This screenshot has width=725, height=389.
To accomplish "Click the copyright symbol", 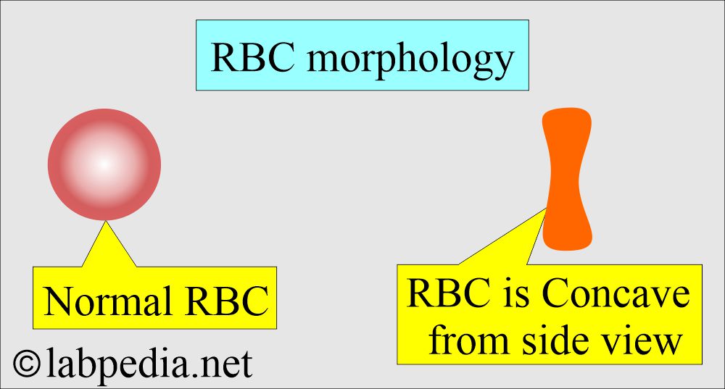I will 27,363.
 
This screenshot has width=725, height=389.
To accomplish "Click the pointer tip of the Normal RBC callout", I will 105,222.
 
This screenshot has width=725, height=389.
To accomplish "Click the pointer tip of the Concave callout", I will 547,209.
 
